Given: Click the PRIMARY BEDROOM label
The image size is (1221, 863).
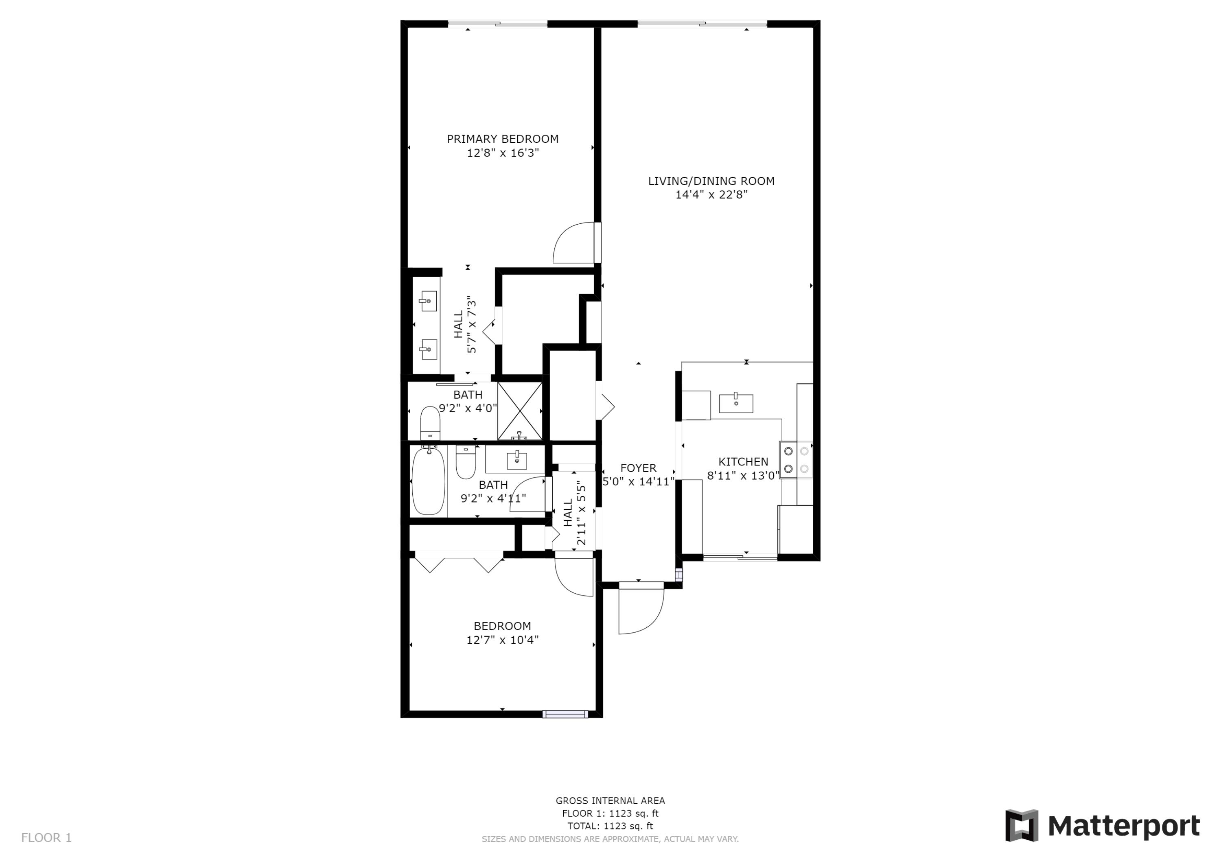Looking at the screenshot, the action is pos(503,139).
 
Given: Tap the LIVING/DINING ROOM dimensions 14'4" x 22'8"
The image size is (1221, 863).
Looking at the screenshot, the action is pos(711,194).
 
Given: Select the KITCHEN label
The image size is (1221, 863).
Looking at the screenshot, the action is pos(744,461).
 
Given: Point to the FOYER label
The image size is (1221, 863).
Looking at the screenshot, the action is pos(638,468).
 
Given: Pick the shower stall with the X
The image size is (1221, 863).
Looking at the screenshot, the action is pos(520,411).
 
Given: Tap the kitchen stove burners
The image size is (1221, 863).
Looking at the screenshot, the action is pos(796,460).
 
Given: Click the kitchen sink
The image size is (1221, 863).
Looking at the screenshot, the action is pos(736,404).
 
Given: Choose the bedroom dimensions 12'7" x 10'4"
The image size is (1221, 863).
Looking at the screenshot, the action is pos(503,640).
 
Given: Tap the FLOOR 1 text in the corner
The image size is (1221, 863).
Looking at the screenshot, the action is pos(46,838).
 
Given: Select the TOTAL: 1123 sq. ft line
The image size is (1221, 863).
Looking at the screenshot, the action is pos(610,826).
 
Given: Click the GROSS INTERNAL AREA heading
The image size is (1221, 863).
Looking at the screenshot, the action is pos(610,801).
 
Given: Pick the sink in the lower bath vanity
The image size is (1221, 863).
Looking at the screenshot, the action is pos(516,460).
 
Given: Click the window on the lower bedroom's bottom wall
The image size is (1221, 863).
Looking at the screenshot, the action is pos(565,714).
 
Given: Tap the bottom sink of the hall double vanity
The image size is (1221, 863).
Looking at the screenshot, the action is pos(429,350).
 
